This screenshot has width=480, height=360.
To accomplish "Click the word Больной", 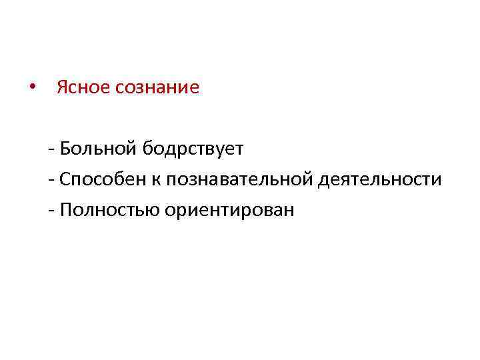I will (98, 148).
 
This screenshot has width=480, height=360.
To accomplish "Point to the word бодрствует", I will (192, 149).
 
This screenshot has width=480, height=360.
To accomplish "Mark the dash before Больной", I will (51, 149).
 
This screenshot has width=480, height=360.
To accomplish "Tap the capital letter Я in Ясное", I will (62, 88).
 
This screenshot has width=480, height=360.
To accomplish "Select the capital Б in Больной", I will (64, 148).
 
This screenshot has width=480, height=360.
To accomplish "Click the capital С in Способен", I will (64, 179).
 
